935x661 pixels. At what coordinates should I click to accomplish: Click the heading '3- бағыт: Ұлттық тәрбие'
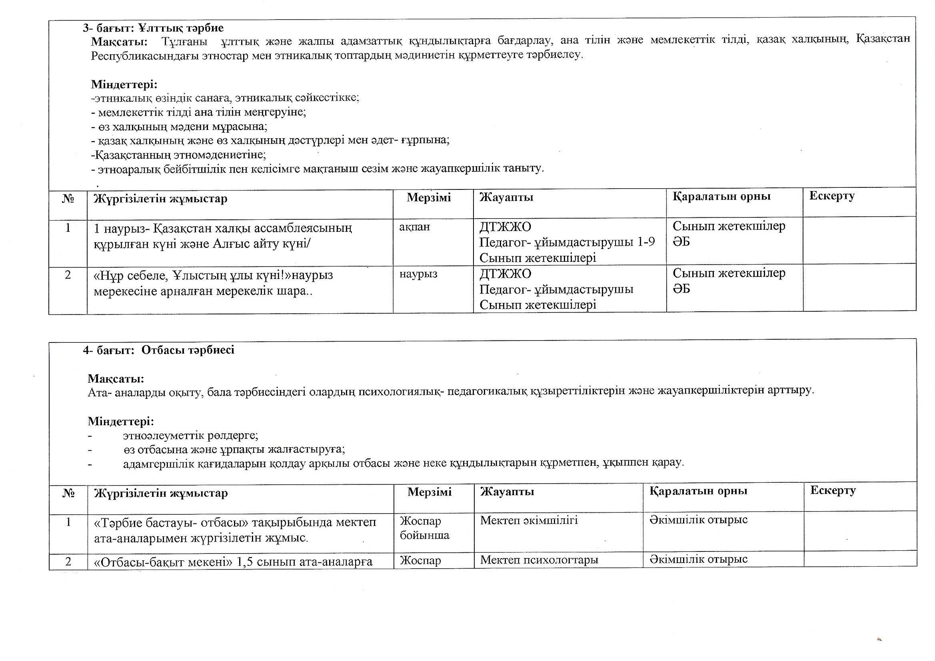153,28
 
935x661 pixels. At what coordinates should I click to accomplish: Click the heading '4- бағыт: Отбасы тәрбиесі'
158,350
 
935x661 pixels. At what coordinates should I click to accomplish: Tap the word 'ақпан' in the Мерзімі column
414,227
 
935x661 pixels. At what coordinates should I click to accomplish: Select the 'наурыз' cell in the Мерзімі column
418,274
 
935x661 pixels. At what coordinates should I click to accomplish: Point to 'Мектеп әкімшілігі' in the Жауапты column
529,521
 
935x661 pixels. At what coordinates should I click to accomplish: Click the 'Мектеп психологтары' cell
539,560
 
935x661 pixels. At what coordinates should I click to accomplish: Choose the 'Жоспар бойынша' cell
424,528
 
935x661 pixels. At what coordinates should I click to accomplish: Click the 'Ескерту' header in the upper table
831,196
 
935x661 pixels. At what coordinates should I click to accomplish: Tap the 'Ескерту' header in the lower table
833,490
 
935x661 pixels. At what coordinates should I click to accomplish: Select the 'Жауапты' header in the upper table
506,198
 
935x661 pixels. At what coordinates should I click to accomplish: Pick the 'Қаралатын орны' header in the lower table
698,491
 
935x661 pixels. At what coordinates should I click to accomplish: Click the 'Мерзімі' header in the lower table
429,492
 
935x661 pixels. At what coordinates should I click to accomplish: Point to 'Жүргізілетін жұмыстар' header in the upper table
160,199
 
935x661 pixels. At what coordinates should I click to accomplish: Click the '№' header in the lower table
68,493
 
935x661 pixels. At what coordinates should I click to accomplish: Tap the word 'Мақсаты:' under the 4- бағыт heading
116,379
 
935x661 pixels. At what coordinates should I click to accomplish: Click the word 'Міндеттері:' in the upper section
124,85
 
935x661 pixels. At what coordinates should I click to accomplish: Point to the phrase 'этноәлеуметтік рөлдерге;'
191,436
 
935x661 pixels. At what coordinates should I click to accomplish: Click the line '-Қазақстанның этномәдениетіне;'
178,155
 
